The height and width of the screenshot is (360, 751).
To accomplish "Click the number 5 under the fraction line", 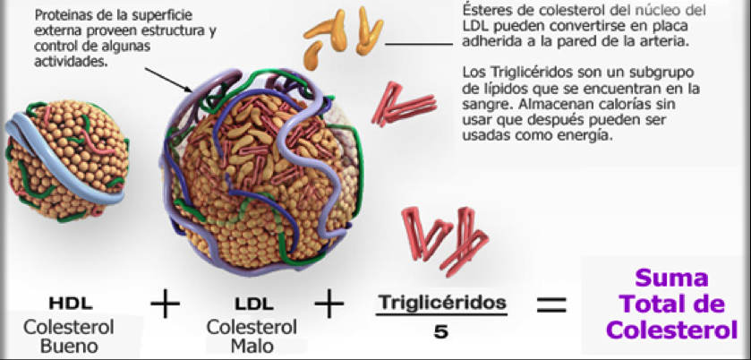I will point(440,330).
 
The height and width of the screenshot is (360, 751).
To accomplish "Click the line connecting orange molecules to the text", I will point(421,42).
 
